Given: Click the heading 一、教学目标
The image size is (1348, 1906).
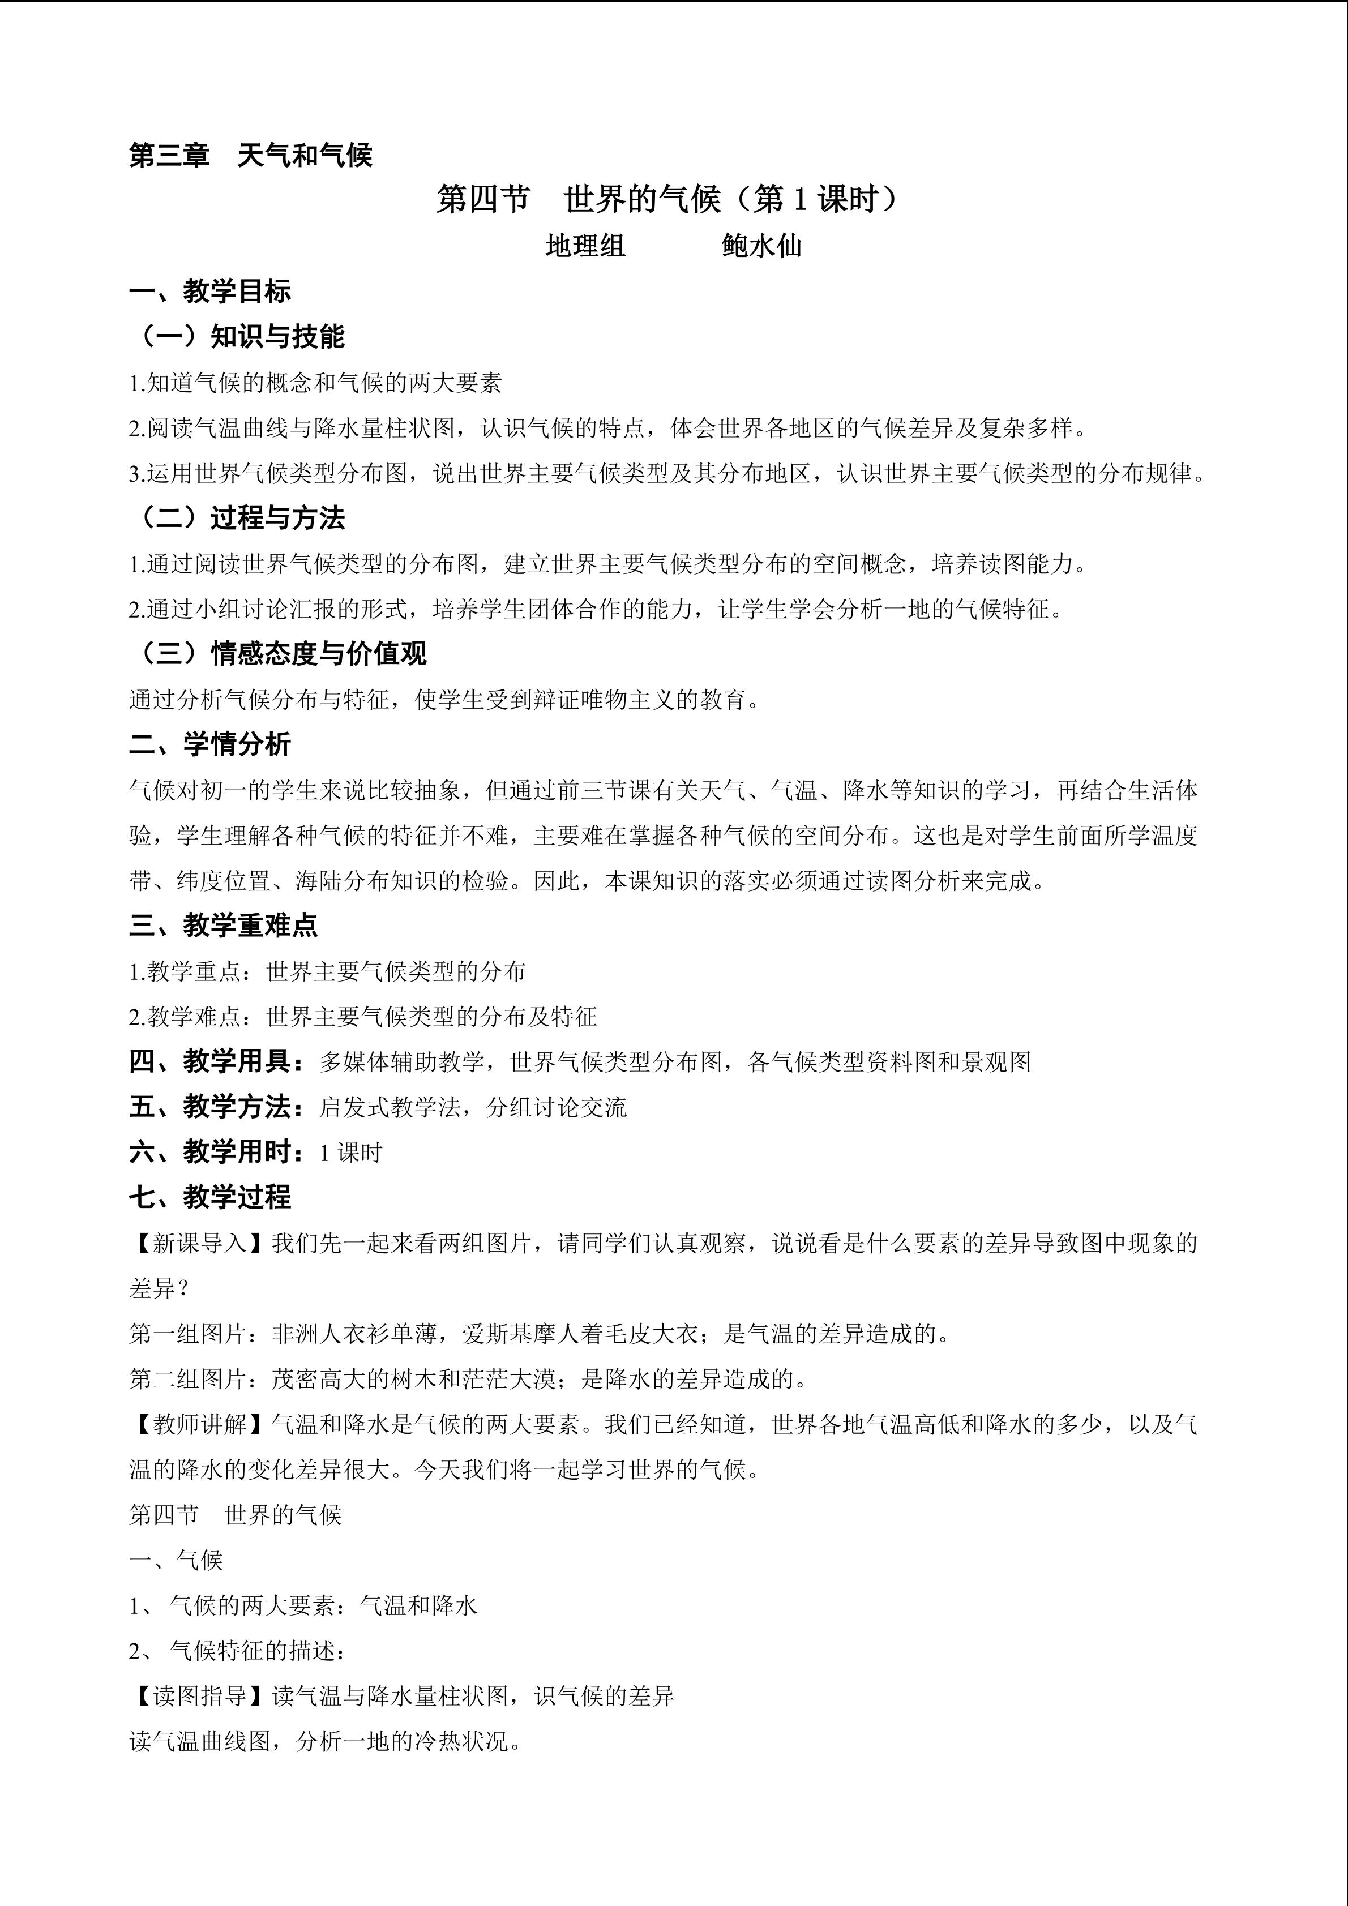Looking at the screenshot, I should click(210, 292).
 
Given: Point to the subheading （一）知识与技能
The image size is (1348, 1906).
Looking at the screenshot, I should click(238, 336).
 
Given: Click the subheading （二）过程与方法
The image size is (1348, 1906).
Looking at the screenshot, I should click(238, 518).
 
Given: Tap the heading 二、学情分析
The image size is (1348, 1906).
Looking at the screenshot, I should click(210, 744).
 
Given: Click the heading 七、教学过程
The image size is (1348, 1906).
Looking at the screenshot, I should click(210, 1197).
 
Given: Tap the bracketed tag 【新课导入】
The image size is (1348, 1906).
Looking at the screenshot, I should click(200, 1244).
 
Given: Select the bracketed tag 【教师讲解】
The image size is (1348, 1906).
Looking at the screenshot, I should click(200, 1424).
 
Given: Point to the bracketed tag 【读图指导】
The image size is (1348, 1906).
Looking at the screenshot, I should click(200, 1696).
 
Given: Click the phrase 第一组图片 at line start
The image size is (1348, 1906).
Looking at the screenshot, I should click(187, 1334).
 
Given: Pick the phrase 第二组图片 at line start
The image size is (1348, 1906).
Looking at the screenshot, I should click(187, 1380).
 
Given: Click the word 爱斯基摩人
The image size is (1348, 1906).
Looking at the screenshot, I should click(520, 1334).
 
